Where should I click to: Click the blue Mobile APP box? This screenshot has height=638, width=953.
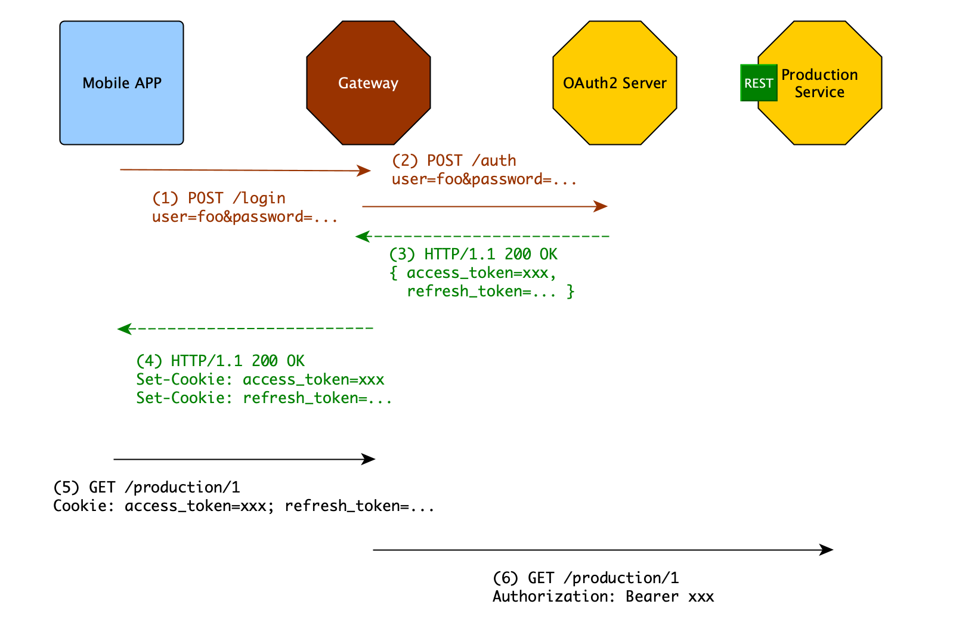(x=122, y=83)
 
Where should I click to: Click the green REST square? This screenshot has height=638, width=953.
(x=758, y=83)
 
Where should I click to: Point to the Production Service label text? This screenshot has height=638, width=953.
(x=819, y=83)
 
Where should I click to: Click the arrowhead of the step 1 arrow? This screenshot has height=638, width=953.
(x=365, y=171)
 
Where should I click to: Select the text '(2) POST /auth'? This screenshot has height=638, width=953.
(x=454, y=160)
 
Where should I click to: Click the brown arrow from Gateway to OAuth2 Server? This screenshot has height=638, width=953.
(x=483, y=206)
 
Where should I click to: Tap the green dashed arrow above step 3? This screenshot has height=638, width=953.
(x=483, y=237)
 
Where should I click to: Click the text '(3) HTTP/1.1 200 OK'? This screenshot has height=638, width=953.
(x=473, y=255)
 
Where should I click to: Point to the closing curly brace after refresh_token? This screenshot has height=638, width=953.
(x=571, y=291)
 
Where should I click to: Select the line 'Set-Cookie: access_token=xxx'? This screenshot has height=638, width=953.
(x=260, y=380)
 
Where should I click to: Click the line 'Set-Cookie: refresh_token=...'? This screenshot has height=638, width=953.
(x=264, y=398)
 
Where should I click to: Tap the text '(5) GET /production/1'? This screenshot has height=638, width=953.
(x=147, y=488)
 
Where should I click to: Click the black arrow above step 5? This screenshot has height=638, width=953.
(x=245, y=459)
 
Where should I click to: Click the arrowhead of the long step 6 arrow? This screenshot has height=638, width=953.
(x=827, y=550)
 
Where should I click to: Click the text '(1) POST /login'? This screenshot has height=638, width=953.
(x=219, y=198)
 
